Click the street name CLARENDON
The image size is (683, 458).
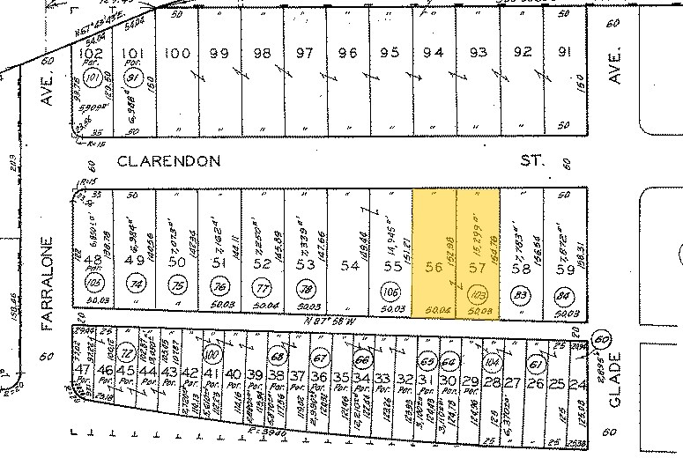pos(167,162)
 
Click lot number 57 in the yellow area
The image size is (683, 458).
pos(477,265)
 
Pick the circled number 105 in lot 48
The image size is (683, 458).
pos(92,283)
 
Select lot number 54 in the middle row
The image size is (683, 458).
pos(349,265)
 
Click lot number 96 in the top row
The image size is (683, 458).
pos(348,53)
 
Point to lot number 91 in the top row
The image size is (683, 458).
pos(565,51)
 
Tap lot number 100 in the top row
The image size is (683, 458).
pos(178,53)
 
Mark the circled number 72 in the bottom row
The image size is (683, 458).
pos(126,351)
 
